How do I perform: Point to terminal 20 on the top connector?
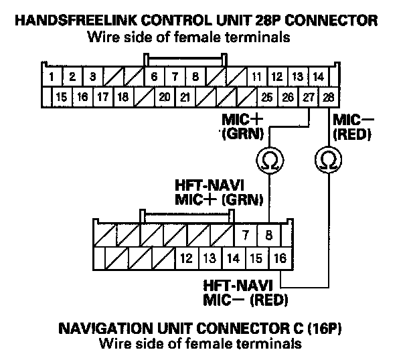(x=164, y=97)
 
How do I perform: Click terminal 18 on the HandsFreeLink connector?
(x=123, y=97)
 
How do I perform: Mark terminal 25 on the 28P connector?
(x=267, y=97)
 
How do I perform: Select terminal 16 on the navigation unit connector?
(x=279, y=257)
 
